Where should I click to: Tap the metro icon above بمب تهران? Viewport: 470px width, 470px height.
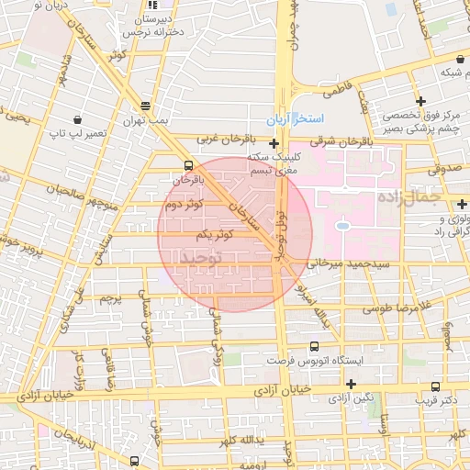coord(146,106)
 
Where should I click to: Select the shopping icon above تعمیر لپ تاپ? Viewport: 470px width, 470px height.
coord(76,118)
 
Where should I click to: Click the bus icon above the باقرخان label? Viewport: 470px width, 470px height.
coord(188,166)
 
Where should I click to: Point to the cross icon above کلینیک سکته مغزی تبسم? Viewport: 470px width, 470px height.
coord(274,142)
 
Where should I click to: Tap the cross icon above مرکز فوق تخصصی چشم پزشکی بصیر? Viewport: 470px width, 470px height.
coord(420,100)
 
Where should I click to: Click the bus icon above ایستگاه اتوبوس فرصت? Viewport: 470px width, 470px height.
coord(315,346)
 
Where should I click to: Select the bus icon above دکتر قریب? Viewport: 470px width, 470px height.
coord(435,386)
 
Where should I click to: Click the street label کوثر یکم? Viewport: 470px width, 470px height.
coord(215,235)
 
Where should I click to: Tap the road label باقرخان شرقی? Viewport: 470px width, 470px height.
coord(341,141)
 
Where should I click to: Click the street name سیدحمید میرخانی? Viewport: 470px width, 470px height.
coord(341,263)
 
